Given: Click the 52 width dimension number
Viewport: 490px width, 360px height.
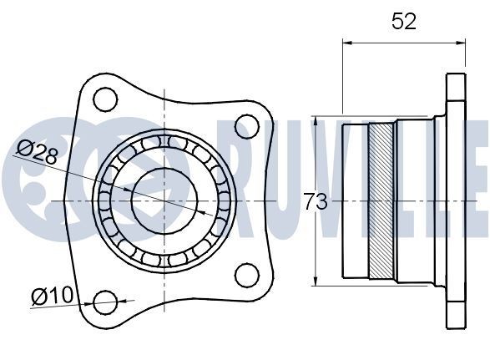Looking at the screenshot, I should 404,22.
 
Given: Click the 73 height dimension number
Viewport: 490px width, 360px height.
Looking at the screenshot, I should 315,201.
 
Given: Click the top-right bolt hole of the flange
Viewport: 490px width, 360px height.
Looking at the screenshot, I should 245,127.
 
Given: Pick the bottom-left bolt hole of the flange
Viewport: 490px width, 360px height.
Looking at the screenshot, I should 105,302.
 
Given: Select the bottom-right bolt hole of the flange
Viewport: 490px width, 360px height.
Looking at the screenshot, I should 245,274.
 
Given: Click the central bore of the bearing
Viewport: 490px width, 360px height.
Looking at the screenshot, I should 164,200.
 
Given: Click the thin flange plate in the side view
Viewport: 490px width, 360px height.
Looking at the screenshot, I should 455,200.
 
